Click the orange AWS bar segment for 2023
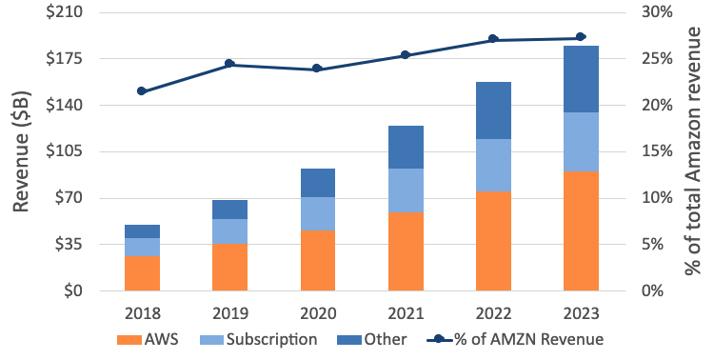pyautogui.click(x=581, y=231)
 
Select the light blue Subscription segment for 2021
pyautogui.click(x=406, y=190)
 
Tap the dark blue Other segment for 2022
pyautogui.click(x=493, y=110)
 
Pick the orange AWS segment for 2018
pyautogui.click(x=142, y=273)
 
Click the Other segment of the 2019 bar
pyautogui.click(x=230, y=210)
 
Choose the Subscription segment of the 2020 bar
pyautogui.click(x=318, y=213)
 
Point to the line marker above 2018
pyautogui.click(x=142, y=91)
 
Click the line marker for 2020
pyautogui.click(x=317, y=69)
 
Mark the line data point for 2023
pyautogui.click(x=581, y=37)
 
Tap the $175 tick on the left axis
pyautogui.click(x=64, y=59)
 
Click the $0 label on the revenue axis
pyautogui.click(x=73, y=290)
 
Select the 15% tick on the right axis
pyautogui.click(x=657, y=151)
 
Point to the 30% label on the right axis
pyautogui.click(x=657, y=11)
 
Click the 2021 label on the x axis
pyautogui.click(x=406, y=313)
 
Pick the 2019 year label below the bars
pyautogui.click(x=230, y=313)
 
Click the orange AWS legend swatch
pyautogui.click(x=129, y=340)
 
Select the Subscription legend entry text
pyautogui.click(x=272, y=340)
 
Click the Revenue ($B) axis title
pyautogui.click(x=21, y=151)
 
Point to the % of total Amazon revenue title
pyautogui.click(x=693, y=151)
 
